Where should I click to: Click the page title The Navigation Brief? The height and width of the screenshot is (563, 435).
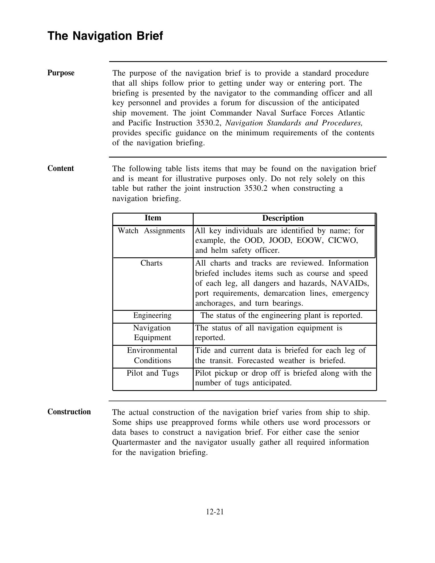105,36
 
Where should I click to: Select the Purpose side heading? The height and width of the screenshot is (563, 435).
61,73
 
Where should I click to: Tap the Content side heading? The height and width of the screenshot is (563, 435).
61,168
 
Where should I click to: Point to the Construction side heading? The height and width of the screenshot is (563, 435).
69,412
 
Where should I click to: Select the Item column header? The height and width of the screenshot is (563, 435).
153,218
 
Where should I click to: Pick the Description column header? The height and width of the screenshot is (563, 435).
283,218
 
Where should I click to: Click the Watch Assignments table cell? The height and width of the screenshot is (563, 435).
151,231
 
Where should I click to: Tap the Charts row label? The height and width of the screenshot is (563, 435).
151,263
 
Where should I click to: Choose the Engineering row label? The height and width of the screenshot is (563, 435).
152,315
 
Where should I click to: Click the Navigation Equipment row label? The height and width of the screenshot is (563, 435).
152,333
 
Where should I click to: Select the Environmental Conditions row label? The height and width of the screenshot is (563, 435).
152,355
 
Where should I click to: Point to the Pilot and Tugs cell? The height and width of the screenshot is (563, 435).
153,373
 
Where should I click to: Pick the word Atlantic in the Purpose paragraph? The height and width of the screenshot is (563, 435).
351,113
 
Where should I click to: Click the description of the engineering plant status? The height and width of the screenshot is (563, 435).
281,316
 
